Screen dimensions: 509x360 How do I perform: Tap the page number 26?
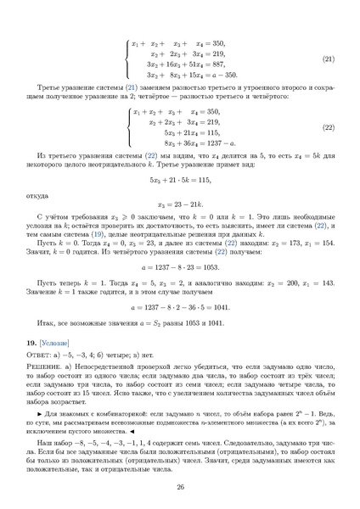point(180,486)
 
